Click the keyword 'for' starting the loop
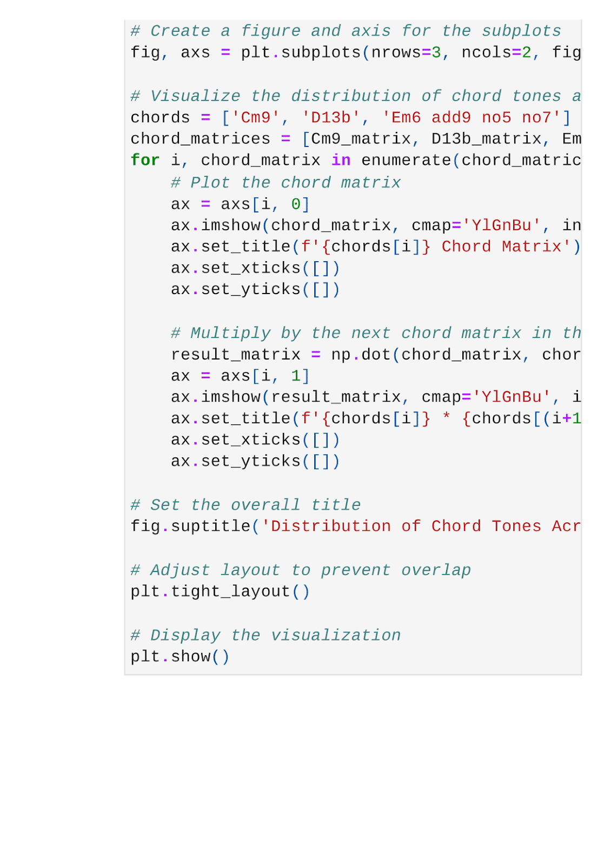click(145, 161)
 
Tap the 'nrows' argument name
click(396, 52)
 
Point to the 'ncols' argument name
click(486, 52)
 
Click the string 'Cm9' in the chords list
click(256, 117)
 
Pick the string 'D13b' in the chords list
click(331, 117)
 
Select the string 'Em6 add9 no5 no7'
click(471, 117)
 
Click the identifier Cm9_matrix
click(361, 139)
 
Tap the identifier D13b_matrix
click(487, 139)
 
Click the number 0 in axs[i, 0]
click(296, 204)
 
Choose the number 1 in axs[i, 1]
click(296, 376)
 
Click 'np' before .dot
click(341, 355)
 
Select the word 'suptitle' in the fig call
click(211, 526)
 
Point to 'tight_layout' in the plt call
click(231, 591)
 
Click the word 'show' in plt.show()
click(191, 656)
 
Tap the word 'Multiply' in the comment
click(230, 333)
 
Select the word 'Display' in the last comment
click(185, 635)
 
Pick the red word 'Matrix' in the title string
click(532, 247)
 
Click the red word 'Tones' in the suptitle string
click(516, 526)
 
